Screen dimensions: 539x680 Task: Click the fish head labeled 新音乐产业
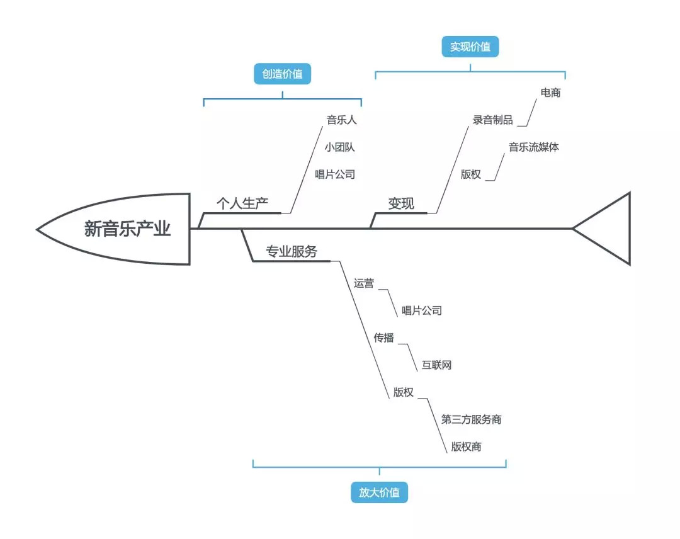(126, 229)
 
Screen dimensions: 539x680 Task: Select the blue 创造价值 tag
(282, 74)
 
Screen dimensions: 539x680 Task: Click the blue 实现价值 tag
(470, 47)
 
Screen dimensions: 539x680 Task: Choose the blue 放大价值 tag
(379, 492)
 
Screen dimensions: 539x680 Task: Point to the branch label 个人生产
(242, 203)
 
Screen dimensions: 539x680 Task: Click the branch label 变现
(401, 203)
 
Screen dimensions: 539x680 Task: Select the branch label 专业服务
(292, 252)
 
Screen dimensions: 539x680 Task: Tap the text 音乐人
(341, 120)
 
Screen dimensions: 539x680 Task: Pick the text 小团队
(340, 147)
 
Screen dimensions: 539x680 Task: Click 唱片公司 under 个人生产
(335, 174)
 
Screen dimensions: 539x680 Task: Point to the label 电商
(550, 93)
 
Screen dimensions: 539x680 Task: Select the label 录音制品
(493, 120)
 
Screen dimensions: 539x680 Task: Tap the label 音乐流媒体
(533, 147)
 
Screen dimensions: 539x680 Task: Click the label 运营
(364, 283)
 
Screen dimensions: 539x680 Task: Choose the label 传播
(384, 338)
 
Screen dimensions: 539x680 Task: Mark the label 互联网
(436, 365)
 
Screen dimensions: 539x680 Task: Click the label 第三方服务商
(471, 419)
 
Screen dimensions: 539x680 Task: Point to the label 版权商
(466, 447)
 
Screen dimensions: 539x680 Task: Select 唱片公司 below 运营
(422, 310)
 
